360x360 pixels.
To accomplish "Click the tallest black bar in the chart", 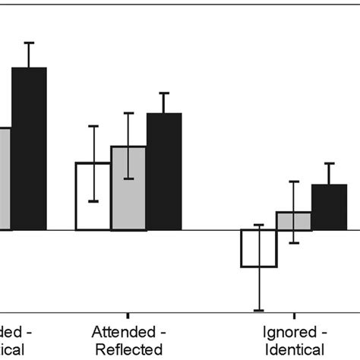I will click(x=29, y=148).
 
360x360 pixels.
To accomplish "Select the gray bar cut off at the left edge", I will click(x=5, y=178).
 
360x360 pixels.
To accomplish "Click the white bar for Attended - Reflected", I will click(x=93, y=196).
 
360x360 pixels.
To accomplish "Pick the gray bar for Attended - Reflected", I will click(x=128, y=188).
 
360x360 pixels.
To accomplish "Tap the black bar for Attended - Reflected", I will click(x=164, y=171).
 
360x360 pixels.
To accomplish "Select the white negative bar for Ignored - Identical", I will click(x=259, y=248).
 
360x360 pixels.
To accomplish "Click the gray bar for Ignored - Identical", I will click(x=294, y=221).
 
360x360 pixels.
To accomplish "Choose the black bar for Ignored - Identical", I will click(x=329, y=207).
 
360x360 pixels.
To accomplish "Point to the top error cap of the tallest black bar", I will click(x=29, y=43).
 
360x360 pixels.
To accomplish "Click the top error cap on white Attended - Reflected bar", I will click(x=93, y=126).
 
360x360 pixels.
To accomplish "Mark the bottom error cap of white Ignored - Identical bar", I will click(x=259, y=310).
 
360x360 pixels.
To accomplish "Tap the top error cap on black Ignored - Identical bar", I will click(x=329, y=163).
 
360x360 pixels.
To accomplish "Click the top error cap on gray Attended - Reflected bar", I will click(x=128, y=113).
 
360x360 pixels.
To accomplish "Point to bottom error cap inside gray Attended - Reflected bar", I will click(x=128, y=178).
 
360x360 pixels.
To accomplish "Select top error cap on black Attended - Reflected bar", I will click(x=164, y=93).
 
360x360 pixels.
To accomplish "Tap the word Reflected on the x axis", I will click(x=128, y=349).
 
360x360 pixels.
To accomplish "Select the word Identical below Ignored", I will click(x=295, y=349).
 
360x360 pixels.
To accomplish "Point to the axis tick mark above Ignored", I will click(x=295, y=314).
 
